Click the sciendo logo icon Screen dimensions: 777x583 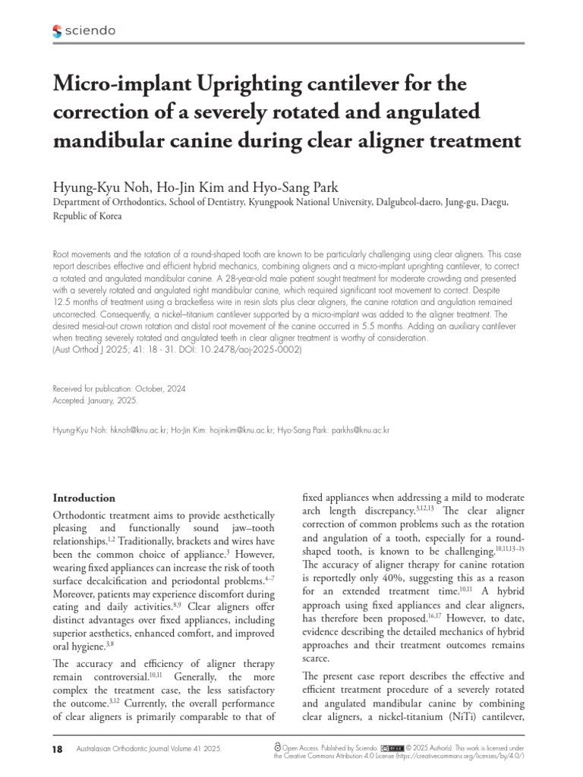(58, 31)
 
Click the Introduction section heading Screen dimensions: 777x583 (84, 498)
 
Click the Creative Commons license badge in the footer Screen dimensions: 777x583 (392, 747)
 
